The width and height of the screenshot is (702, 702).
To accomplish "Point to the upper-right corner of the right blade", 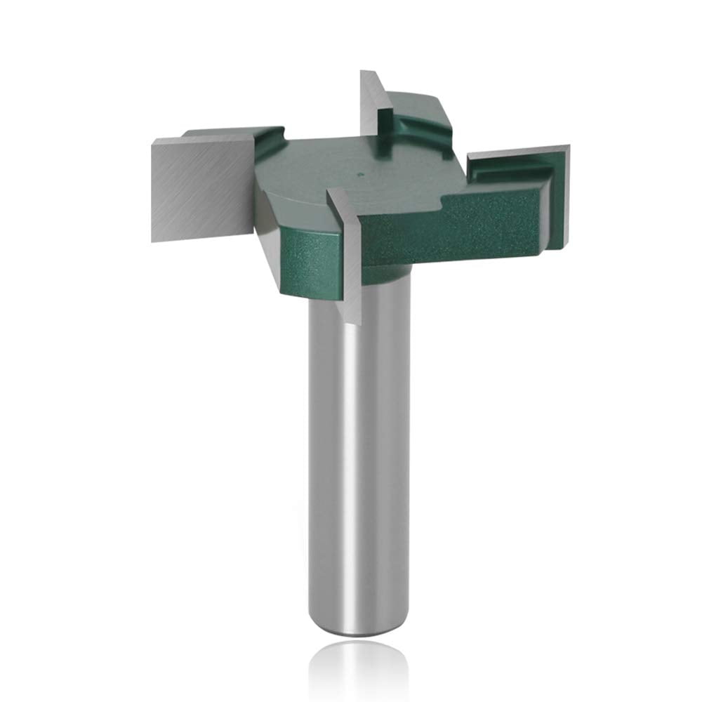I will pos(567,147).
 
